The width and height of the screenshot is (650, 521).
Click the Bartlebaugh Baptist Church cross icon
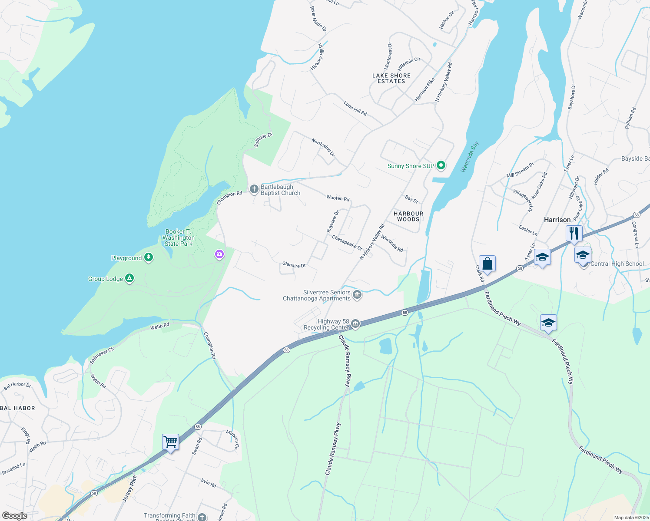(254, 189)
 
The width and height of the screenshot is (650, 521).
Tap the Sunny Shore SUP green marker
(441, 165)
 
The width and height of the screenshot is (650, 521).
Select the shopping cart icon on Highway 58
(170, 442)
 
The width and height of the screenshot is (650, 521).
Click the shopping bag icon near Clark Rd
(487, 264)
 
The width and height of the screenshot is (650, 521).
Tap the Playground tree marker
(149, 257)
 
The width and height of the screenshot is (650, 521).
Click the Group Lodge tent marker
(129, 278)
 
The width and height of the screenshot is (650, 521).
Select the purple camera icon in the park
(219, 254)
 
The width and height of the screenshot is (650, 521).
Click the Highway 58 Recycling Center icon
(355, 324)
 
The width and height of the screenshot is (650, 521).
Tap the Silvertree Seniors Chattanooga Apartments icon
(357, 295)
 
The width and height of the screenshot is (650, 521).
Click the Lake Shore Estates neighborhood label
(391, 78)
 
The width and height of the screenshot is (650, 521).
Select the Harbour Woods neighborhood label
(408, 216)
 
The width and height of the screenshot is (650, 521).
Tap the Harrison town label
(557, 220)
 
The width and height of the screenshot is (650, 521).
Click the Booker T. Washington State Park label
(179, 237)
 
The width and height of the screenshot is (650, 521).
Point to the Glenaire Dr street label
(294, 264)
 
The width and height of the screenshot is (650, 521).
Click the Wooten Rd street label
(338, 198)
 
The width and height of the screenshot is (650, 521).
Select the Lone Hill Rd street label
(355, 108)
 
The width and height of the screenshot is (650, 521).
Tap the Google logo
(15, 516)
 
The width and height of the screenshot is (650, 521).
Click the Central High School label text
(617, 264)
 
